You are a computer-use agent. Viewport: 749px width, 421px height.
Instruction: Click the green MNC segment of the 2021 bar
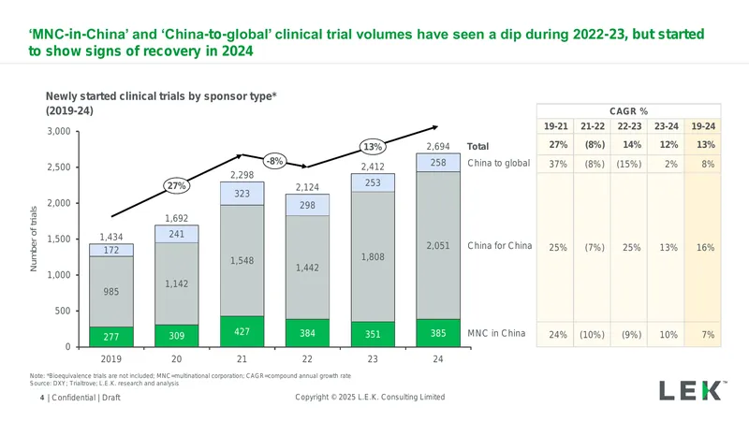click(242, 331)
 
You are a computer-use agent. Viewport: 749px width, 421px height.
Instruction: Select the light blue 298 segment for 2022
click(307, 205)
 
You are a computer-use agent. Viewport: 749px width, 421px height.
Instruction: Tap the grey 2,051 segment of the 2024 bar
click(438, 245)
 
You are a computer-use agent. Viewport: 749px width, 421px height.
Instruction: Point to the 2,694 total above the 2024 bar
click(438, 147)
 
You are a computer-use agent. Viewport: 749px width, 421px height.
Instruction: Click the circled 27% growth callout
click(177, 185)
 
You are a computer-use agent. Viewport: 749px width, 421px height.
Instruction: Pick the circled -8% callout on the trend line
click(274, 161)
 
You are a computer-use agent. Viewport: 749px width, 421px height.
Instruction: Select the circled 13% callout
click(373, 147)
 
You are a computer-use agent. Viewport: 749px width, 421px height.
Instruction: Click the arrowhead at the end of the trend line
click(434, 127)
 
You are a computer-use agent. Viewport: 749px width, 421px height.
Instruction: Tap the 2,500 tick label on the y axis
click(59, 167)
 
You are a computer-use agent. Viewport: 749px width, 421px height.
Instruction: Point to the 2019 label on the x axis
click(110, 359)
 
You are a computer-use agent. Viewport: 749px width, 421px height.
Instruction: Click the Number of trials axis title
click(34, 239)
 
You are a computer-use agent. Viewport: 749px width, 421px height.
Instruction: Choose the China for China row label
click(500, 245)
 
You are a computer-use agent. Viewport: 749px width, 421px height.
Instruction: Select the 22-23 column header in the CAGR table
click(629, 126)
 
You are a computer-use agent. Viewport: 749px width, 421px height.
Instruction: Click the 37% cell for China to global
click(558, 164)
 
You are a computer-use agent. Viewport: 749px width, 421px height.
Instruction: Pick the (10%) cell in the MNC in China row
click(592, 335)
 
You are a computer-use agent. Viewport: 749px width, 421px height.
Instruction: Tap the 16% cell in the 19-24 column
click(706, 247)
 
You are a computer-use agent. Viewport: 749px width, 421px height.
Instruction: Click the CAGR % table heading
click(628, 111)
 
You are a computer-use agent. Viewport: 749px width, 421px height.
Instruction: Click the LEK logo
click(693, 390)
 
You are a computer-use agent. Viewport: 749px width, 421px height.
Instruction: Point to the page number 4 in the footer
click(42, 398)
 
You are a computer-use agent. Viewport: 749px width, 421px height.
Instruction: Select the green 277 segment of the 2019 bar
click(111, 337)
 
